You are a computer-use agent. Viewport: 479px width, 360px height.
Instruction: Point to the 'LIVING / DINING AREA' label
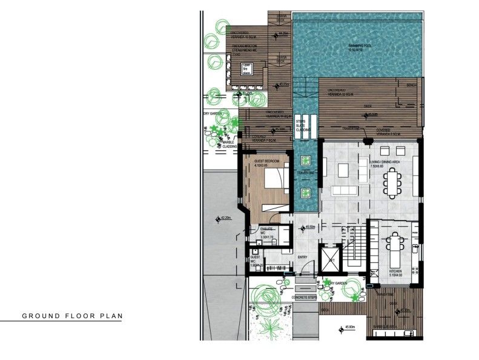386,163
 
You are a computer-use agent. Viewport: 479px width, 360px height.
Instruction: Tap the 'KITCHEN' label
395,271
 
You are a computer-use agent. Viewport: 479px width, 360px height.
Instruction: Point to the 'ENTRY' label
303,256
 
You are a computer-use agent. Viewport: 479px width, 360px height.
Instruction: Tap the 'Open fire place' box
246,69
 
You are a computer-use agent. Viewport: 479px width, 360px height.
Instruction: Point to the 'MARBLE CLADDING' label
230,144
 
